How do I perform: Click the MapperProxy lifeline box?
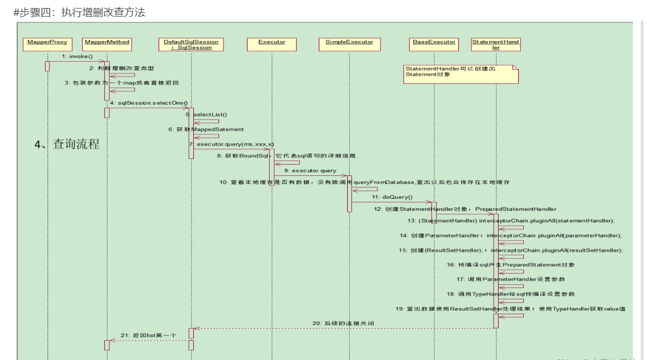coord(47,42)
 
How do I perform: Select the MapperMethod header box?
coord(107,42)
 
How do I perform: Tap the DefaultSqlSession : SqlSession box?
coord(191,45)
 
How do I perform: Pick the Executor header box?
coord(272,42)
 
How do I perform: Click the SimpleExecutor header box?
coord(349,42)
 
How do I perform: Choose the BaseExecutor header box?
coord(434,42)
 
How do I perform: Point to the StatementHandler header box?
coord(496,45)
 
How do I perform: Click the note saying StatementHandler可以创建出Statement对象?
coord(460,74)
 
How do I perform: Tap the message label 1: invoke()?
coord(77,57)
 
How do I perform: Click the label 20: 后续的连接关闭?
coord(343,323)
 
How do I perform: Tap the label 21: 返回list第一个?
coord(149,335)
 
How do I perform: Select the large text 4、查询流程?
coord(67,145)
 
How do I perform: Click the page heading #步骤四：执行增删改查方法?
coord(79,12)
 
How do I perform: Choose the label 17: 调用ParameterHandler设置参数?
coord(511,279)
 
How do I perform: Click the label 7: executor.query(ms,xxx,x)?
coord(232,144)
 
